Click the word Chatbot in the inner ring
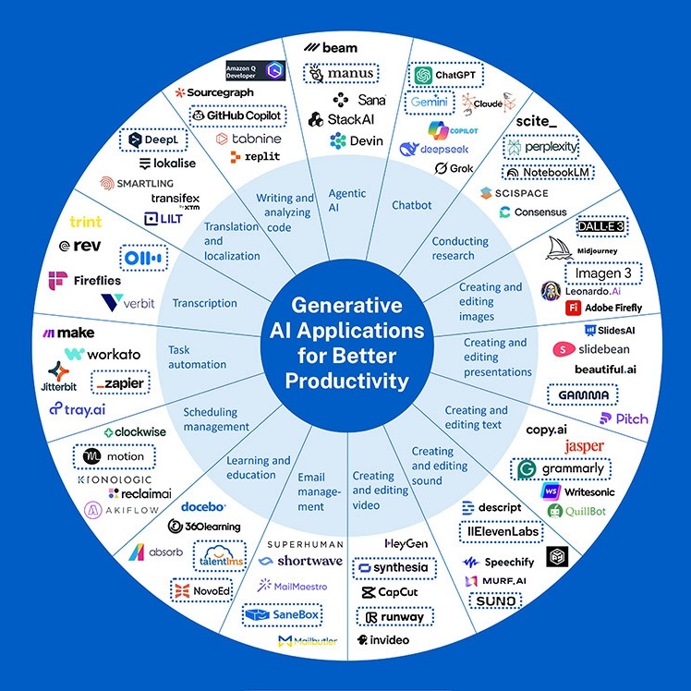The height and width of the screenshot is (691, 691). tap(412, 205)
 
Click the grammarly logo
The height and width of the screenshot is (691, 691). tap(562, 469)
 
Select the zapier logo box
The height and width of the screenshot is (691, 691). tap(120, 382)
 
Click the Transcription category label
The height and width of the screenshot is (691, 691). tap(205, 303)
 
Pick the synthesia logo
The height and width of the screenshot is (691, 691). tap(394, 567)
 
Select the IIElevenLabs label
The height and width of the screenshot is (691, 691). tap(501, 532)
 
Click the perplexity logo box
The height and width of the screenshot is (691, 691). tap(541, 147)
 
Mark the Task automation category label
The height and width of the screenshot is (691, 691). tap(197, 357)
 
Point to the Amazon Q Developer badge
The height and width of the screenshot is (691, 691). tap(256, 70)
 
